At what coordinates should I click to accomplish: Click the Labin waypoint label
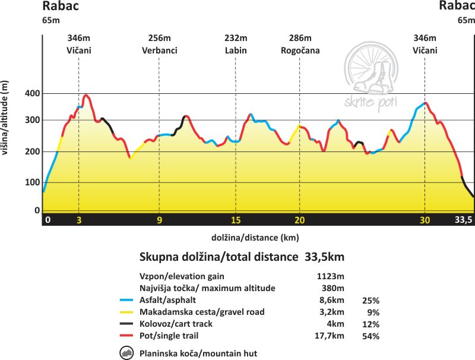tap(236, 50)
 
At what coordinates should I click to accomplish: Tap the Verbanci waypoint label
tap(159, 50)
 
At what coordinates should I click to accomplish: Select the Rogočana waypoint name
tap(300, 50)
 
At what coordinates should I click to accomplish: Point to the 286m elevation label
tap(300, 39)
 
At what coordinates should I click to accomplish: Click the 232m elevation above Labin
tap(236, 39)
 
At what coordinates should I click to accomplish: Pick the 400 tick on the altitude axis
tap(32, 94)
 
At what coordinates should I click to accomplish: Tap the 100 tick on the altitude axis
tap(32, 182)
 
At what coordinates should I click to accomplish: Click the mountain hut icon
tap(127, 353)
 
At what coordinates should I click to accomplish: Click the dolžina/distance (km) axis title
tap(254, 237)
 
